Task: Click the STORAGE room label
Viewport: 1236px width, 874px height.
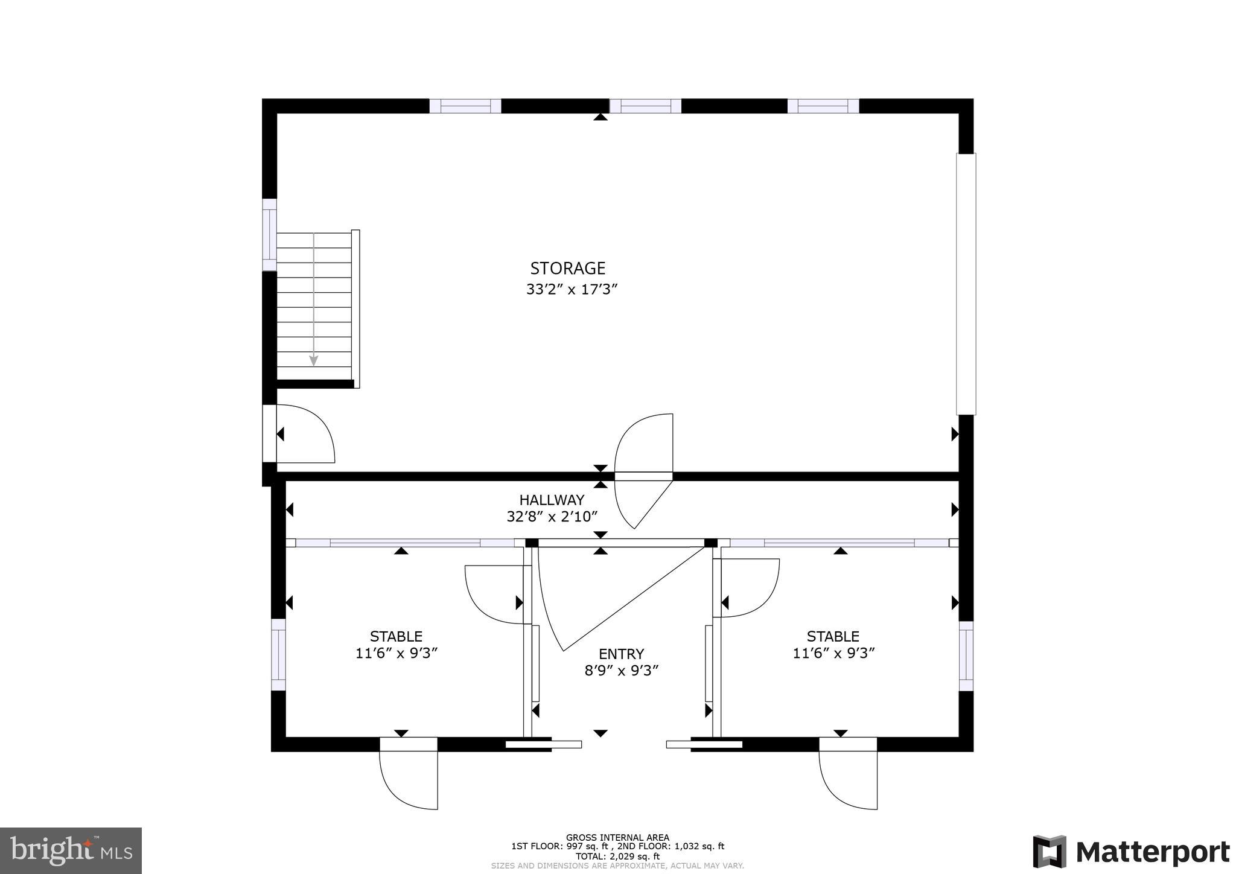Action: click(567, 268)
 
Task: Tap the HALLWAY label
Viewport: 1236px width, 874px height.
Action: click(552, 500)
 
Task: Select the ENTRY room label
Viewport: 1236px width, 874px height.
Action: click(621, 654)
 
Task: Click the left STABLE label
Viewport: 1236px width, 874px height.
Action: click(396, 636)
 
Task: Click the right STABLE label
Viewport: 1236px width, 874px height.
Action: click(833, 636)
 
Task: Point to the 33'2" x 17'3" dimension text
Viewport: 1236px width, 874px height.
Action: click(572, 290)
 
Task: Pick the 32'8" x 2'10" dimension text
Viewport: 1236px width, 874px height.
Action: click(552, 517)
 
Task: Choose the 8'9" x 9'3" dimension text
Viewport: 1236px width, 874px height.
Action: click(621, 671)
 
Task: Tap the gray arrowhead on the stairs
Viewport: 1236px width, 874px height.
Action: click(314, 360)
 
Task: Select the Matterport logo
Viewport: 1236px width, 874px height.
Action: click(1131, 852)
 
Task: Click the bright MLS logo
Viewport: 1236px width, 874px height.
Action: click(71, 850)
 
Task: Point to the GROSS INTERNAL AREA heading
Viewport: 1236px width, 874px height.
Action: click(617, 837)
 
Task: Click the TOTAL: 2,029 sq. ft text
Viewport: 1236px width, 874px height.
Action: click(617, 856)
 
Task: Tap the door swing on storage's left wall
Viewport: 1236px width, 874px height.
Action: click(305, 434)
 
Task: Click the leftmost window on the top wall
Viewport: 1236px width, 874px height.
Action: click(465, 106)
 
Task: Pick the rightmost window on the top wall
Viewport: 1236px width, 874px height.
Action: click(823, 106)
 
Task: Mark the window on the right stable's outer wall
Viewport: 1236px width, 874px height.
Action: click(966, 656)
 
